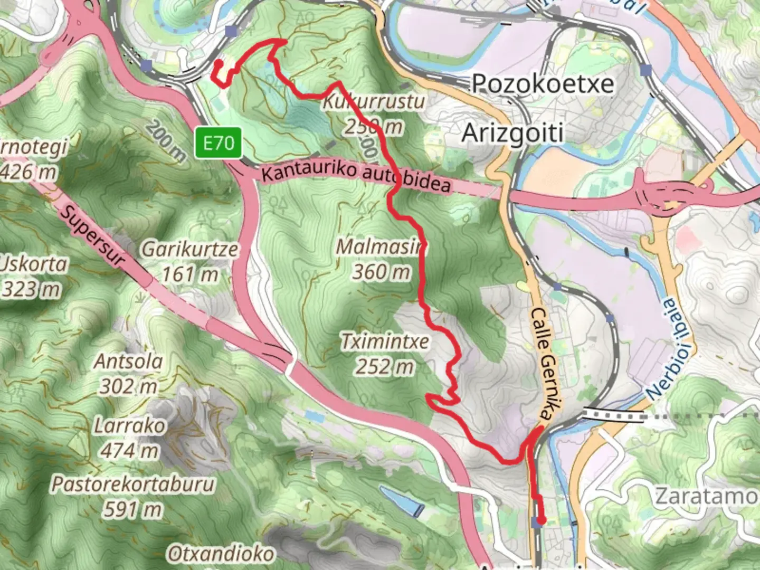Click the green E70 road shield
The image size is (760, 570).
[x=218, y=142]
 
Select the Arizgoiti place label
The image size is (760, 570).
[x=512, y=133]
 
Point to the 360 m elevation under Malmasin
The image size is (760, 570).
[x=381, y=272]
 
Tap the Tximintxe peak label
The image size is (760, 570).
[x=385, y=341]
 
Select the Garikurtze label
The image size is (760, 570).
[x=189, y=249]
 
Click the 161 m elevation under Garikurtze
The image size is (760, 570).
[x=189, y=274]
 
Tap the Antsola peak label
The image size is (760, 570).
[x=128, y=362]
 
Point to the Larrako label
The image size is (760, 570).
[x=129, y=425]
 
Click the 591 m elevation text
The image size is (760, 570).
[x=132, y=509]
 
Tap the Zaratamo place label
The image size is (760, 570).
[x=706, y=496]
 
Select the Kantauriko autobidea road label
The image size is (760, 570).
[x=356, y=178]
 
